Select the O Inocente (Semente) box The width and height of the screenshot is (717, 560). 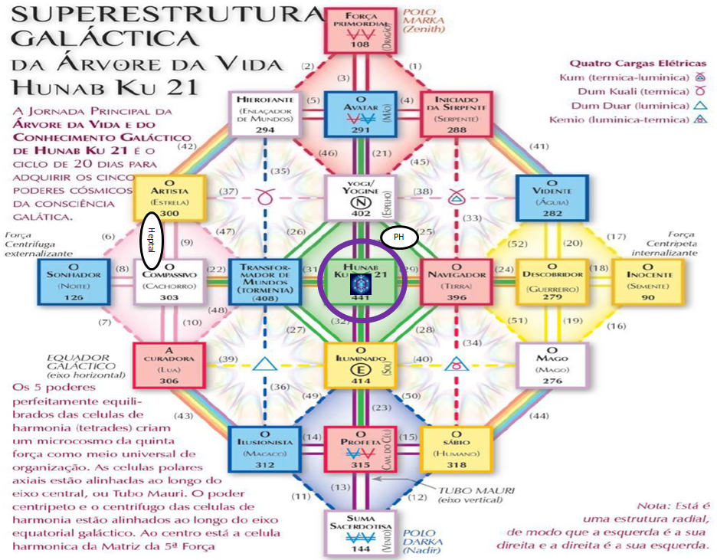(x=647, y=281)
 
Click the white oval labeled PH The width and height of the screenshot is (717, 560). (x=398, y=237)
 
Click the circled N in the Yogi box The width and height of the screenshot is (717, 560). (x=355, y=205)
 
